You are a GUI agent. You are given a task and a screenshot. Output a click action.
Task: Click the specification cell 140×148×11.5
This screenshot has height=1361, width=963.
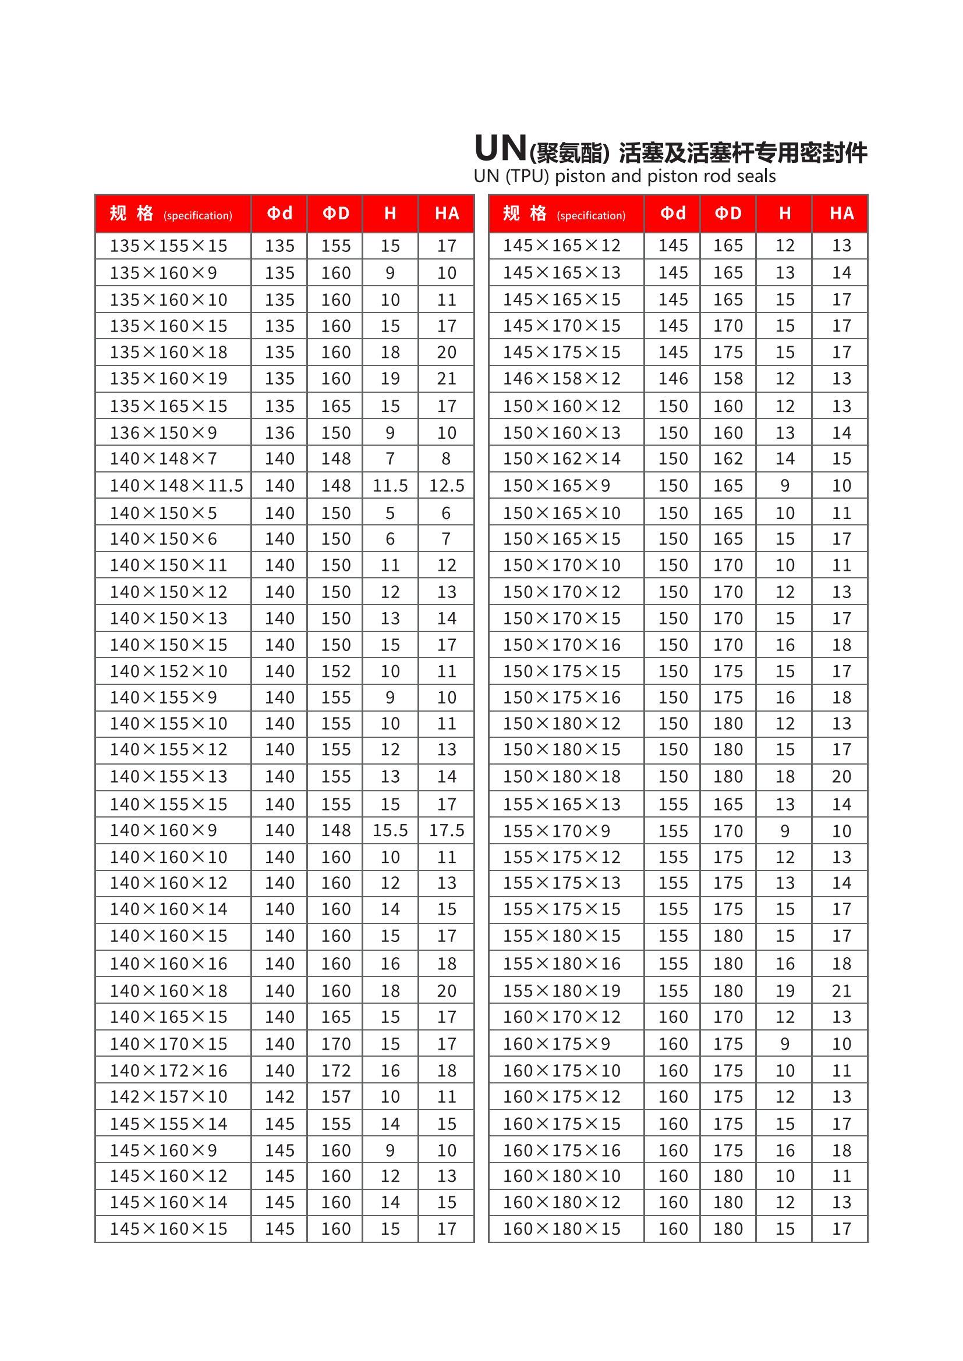[x=176, y=486]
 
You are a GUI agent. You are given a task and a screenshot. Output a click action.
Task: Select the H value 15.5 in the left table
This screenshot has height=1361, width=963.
[x=390, y=830]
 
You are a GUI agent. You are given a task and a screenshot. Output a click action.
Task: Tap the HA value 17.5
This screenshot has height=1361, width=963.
[x=447, y=830]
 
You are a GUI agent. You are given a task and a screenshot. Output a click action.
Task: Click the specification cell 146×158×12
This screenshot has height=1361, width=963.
[x=561, y=379]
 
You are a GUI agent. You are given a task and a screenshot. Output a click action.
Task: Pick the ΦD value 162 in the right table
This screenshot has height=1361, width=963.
[x=728, y=459]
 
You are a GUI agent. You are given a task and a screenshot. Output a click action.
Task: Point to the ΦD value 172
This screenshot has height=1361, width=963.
[x=335, y=1071]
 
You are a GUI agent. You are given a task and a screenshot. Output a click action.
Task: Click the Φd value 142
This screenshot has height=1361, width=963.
[x=279, y=1097]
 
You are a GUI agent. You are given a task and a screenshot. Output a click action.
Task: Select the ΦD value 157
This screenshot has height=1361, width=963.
[x=335, y=1097]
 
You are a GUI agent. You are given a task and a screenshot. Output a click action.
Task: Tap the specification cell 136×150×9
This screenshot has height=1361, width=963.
[x=163, y=433]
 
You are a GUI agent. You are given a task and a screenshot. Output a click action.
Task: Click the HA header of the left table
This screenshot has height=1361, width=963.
[x=447, y=214]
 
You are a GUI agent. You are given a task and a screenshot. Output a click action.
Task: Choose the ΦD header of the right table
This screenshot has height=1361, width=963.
[x=728, y=214]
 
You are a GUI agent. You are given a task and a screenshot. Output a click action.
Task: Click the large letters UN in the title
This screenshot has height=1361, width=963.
[x=501, y=148]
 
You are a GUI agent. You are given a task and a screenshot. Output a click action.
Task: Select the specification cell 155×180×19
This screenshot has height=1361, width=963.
[x=561, y=990]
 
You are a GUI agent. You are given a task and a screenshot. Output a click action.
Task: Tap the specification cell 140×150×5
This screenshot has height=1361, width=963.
[x=163, y=513]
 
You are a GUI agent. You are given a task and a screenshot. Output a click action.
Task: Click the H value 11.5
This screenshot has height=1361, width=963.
[x=390, y=486]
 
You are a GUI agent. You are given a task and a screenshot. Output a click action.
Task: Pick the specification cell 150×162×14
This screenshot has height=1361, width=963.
[x=561, y=459]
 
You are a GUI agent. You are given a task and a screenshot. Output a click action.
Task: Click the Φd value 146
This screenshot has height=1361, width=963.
[x=673, y=379]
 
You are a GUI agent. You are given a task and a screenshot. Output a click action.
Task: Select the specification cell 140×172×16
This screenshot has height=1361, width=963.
[x=168, y=1071]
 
